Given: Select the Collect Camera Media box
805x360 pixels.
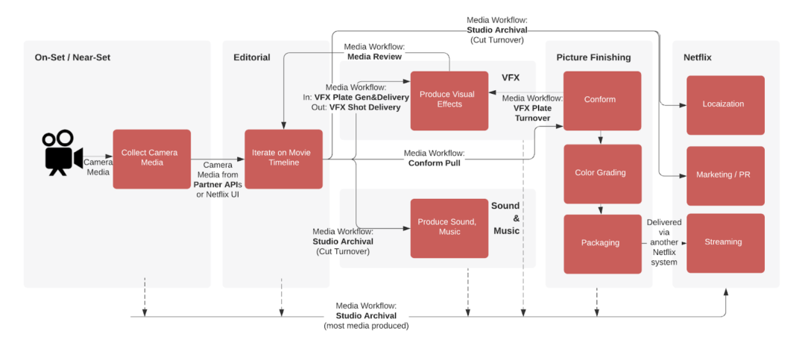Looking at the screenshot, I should (x=151, y=159).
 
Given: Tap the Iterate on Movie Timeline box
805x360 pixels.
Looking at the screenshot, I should (x=283, y=159).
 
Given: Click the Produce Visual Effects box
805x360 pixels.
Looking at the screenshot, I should (x=449, y=100).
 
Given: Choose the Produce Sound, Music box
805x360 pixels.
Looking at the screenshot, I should (x=449, y=227).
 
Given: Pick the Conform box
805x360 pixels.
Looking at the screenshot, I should (x=602, y=100).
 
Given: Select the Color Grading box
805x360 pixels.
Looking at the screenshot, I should (x=602, y=173).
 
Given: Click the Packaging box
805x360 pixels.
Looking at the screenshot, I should (x=602, y=243).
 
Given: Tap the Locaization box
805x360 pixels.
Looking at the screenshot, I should (x=724, y=104).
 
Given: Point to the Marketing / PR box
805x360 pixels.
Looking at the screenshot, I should (x=724, y=175).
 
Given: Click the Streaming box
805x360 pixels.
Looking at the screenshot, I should (x=724, y=242).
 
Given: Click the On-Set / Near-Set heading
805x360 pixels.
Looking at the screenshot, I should (x=72, y=57).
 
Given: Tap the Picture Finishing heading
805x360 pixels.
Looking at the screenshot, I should (x=593, y=57).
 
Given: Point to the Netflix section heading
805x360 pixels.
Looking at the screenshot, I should (x=698, y=57).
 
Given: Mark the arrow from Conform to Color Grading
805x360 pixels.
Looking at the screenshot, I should (x=602, y=138).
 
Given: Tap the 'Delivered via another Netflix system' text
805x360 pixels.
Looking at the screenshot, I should (x=663, y=242).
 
